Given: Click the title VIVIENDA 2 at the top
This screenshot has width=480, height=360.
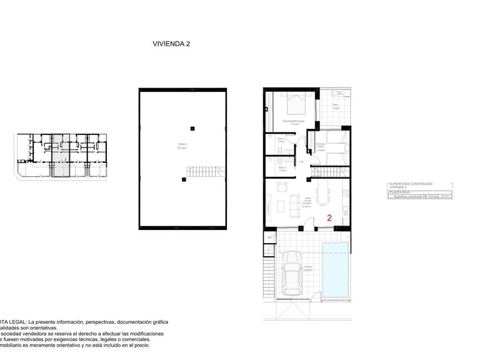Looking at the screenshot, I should (171, 44).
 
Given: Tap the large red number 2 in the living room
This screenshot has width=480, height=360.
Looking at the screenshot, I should (329, 217).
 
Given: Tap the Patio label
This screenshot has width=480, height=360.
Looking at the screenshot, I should (336, 106).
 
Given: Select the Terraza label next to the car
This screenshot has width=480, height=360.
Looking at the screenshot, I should (307, 268).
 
